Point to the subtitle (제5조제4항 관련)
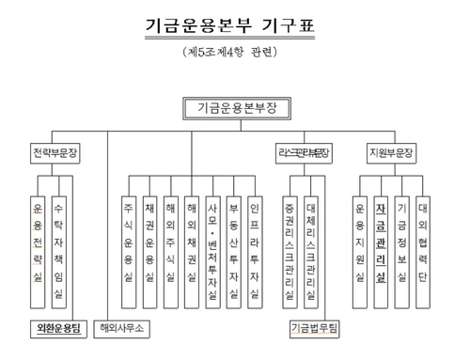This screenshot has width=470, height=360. pos(235,54)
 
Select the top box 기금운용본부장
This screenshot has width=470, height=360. pos(235,108)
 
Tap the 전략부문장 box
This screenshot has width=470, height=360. pos(55,151)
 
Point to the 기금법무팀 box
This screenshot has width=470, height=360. pos(312,328)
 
